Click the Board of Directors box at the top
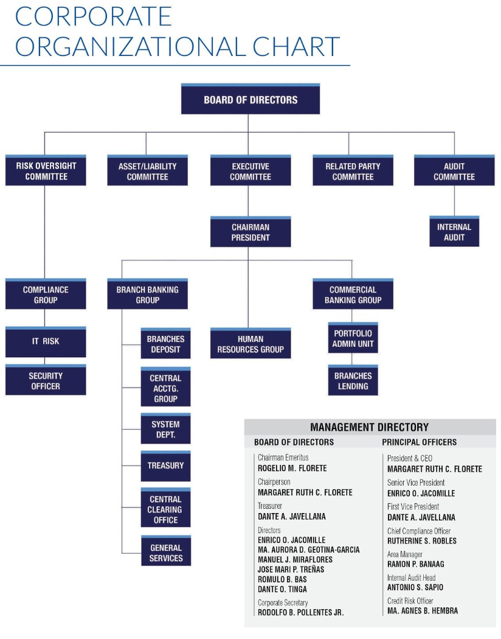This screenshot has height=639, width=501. (x=250, y=100)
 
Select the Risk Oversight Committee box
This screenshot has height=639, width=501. (x=46, y=171)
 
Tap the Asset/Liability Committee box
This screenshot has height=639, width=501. (x=147, y=171)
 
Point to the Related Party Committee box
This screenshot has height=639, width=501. (x=353, y=171)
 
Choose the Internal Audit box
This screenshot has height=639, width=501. (x=454, y=232)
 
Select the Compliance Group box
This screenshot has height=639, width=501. (x=46, y=295)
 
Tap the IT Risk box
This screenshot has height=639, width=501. (x=46, y=341)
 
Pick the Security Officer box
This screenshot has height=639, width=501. (x=46, y=380)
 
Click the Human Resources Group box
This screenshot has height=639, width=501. (x=250, y=344)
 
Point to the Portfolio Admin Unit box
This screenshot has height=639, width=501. (x=353, y=338)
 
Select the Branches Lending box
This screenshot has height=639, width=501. (x=353, y=381)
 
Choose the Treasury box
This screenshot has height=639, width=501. (x=165, y=466)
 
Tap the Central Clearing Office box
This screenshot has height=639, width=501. (x=165, y=509)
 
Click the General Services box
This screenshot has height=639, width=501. (x=166, y=553)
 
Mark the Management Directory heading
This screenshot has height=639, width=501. (x=369, y=427)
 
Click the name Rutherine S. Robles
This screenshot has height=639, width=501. (x=421, y=541)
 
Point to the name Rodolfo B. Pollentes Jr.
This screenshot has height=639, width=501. (x=300, y=613)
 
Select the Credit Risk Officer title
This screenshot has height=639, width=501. (x=410, y=601)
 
